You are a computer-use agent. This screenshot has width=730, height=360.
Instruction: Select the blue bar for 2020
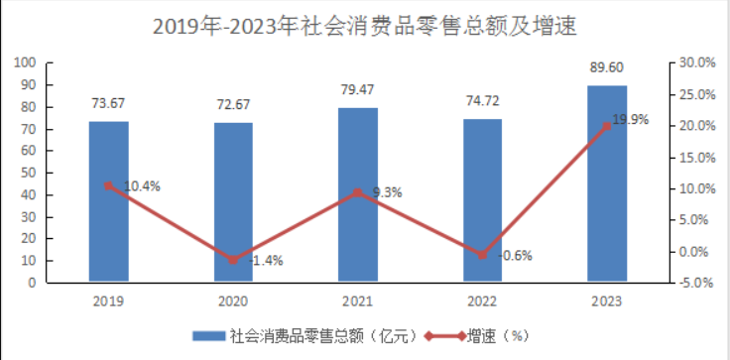coord(233,202)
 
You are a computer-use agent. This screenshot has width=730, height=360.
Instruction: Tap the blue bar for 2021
coord(358,194)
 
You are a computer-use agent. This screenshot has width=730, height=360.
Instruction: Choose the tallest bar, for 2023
coord(607,183)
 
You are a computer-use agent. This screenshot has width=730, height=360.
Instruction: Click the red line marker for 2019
coord(108,185)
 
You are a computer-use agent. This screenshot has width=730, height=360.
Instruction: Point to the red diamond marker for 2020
coord(233,260)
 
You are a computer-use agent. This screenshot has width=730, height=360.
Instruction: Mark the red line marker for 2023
coord(607,126)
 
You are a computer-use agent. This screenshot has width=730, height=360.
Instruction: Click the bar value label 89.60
coord(607,68)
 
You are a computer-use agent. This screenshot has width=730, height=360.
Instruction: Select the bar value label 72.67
coord(233,104)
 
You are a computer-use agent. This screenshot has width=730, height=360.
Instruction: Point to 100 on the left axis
coord(26,62)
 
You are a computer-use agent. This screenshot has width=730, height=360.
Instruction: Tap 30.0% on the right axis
coord(693,62)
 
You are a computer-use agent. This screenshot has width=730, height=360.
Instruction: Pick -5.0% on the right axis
coord(693,283)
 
